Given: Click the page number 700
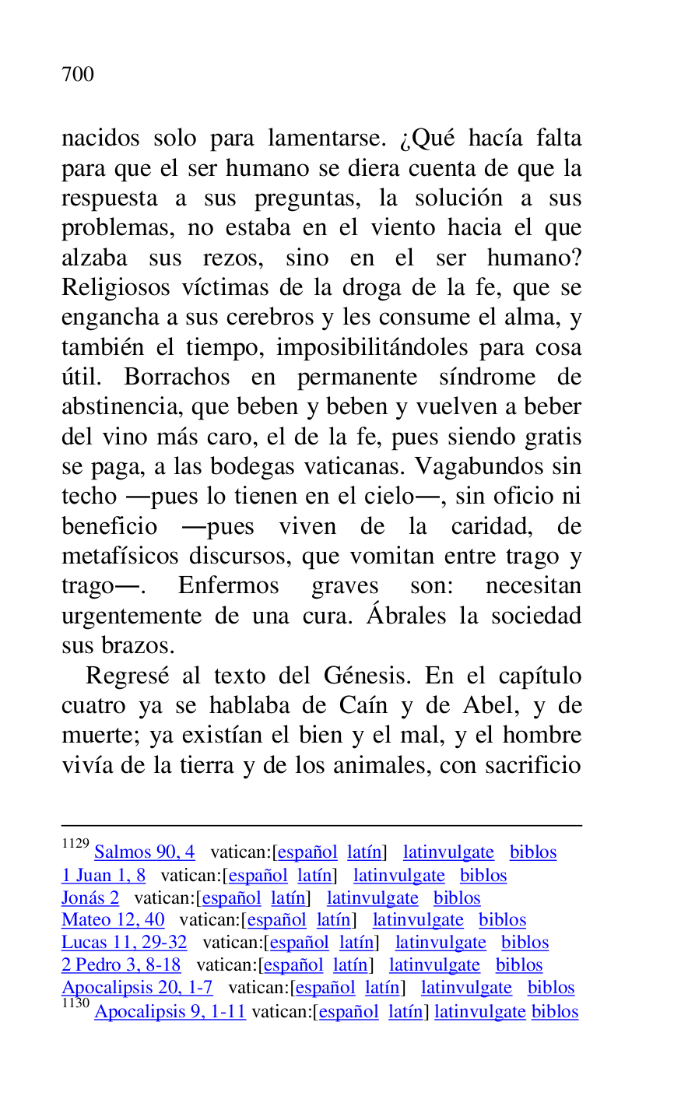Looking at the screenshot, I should click(78, 75).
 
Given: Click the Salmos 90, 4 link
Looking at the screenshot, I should click(144, 852).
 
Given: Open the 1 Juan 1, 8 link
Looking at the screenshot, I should click(104, 876).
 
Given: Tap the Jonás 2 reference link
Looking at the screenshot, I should click(90, 898).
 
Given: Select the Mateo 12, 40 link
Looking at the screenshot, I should click(113, 921).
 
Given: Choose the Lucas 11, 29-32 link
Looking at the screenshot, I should click(125, 943).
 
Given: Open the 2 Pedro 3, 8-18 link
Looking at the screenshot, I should click(121, 966).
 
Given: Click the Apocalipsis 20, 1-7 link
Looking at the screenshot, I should click(137, 989).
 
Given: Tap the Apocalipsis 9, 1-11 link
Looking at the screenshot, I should click(170, 1012).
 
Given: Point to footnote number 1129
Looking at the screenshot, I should click(75, 844).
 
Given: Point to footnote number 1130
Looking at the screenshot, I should click(75, 1003).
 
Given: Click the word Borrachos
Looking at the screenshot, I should click(177, 377).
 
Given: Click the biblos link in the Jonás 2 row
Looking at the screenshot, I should click(457, 898).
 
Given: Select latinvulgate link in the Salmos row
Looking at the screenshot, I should click(448, 852).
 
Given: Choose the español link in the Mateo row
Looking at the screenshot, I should click(277, 921).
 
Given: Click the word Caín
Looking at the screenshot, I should click(362, 706).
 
